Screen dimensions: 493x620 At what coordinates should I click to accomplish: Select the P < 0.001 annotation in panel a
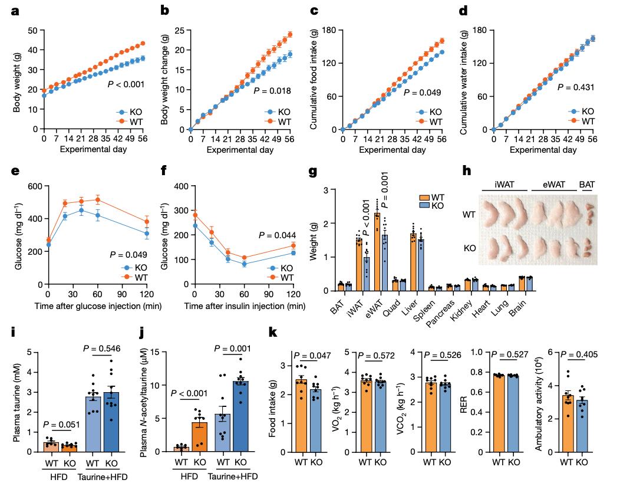[126, 85]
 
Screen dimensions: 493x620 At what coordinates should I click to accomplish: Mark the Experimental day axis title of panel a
[94, 150]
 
